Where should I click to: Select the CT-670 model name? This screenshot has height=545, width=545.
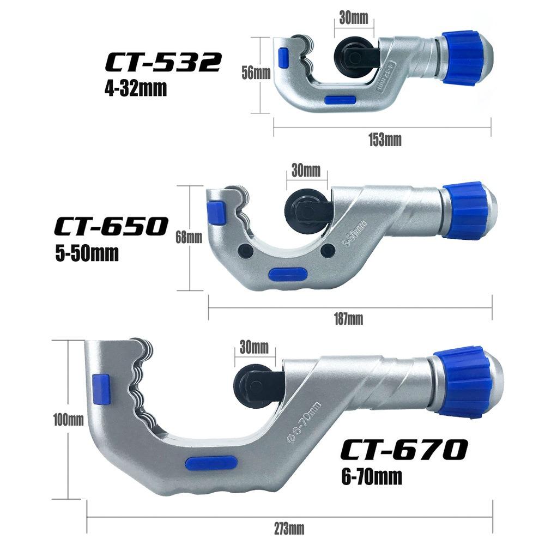tap(404, 450)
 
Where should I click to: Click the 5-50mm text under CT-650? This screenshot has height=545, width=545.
tap(87, 253)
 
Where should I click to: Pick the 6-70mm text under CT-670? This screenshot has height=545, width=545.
tap(368, 477)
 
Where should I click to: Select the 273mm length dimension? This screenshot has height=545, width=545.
tap(289, 528)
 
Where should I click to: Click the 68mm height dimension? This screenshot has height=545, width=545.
tap(189, 237)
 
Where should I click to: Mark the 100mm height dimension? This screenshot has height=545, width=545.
tap(68, 420)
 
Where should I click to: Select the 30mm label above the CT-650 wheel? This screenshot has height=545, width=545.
tap(306, 170)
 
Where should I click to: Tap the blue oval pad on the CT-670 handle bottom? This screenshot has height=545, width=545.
tap(211, 463)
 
